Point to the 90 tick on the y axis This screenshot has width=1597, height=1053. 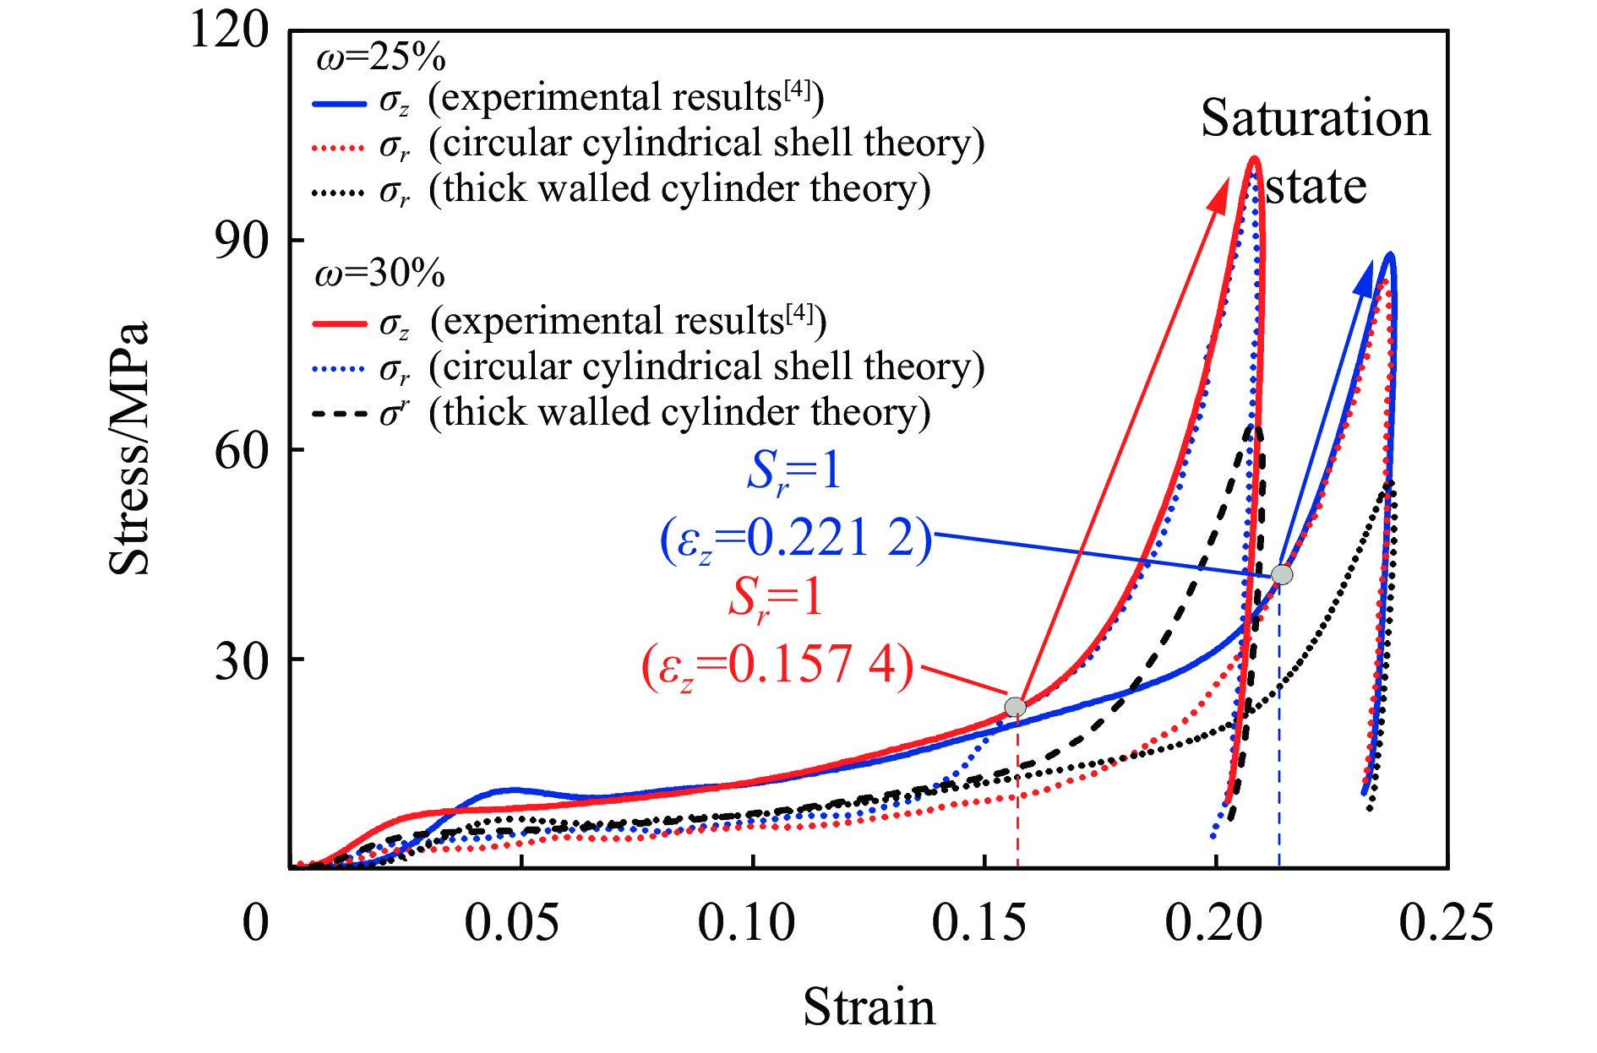click(241, 241)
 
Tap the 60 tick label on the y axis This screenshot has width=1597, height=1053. click(241, 450)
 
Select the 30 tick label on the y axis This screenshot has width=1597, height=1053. click(241, 660)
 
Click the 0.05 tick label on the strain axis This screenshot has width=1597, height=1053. click(511, 923)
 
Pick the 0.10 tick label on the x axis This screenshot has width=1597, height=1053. click(745, 923)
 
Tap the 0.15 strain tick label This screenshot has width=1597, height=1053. click(978, 923)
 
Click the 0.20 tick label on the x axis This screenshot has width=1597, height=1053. click(1213, 923)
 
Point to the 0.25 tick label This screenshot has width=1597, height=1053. click(1446, 923)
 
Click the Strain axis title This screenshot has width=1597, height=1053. click(869, 1007)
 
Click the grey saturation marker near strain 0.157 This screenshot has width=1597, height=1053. click(1015, 707)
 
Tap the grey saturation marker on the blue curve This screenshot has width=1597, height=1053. click(1282, 575)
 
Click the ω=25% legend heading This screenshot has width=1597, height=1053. click(380, 57)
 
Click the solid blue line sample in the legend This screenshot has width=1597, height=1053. click(339, 103)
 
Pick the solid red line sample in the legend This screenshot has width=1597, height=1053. click(339, 323)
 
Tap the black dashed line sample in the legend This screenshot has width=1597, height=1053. click(339, 415)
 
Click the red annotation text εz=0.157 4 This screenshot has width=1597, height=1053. click(777, 665)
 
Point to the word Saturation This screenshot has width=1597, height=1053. click(1315, 118)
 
